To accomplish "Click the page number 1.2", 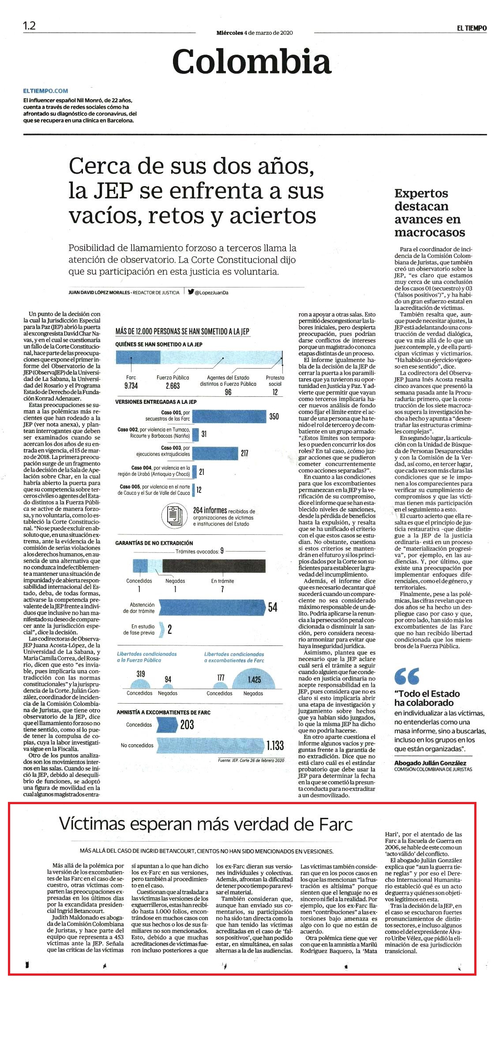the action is pos(29,26).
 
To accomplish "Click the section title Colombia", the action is pos(251,61).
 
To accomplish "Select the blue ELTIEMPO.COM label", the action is pos(46,91).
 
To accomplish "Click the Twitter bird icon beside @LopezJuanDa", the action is pos(191,291).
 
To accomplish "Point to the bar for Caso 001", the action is pos(229,416).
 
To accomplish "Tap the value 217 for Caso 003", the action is pos(244,453).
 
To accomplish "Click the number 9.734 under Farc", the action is pos(131,385).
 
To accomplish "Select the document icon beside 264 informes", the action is pos(175,515).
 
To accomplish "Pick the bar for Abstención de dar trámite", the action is pos(211,607).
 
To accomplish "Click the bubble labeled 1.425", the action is pos(254,679).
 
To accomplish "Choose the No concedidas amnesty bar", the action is pos(210,745).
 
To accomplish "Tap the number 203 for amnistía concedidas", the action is pos(187,724).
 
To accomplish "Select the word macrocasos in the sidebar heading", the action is pos(430,232).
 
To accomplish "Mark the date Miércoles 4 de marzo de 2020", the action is pos(255,33).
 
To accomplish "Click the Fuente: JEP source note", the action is pos(251,760).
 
